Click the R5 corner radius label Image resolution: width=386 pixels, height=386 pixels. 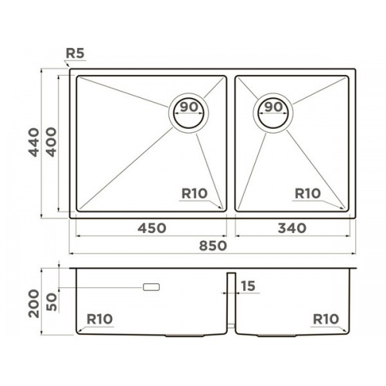pyautogui.click(x=75, y=53)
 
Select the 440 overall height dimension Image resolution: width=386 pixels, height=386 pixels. pyautogui.click(x=34, y=142)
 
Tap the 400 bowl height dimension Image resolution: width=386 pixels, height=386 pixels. pyautogui.click(x=51, y=142)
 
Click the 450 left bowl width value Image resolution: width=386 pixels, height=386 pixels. pyautogui.click(x=152, y=229)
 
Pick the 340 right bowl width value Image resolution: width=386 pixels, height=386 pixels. pyautogui.click(x=292, y=229)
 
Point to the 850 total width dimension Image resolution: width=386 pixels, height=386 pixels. pyautogui.click(x=213, y=245)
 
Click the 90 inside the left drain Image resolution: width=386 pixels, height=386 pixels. pyautogui.click(x=189, y=107)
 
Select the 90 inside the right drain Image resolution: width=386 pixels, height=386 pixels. pyautogui.click(x=273, y=107)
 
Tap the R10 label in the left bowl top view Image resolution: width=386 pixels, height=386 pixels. pyautogui.click(x=195, y=194)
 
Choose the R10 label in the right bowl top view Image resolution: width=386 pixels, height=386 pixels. pyautogui.click(x=308, y=194)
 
